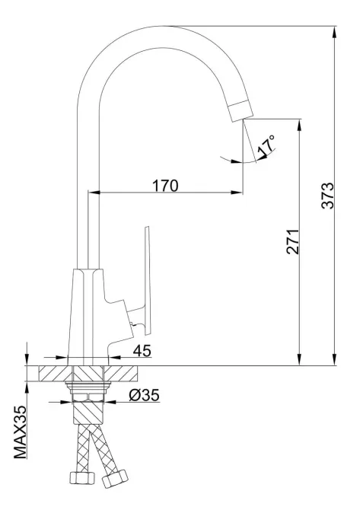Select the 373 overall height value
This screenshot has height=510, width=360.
coord(327,197)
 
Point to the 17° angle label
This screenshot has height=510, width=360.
coord(266,146)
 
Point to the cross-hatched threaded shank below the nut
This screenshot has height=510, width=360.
coord(90,415)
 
